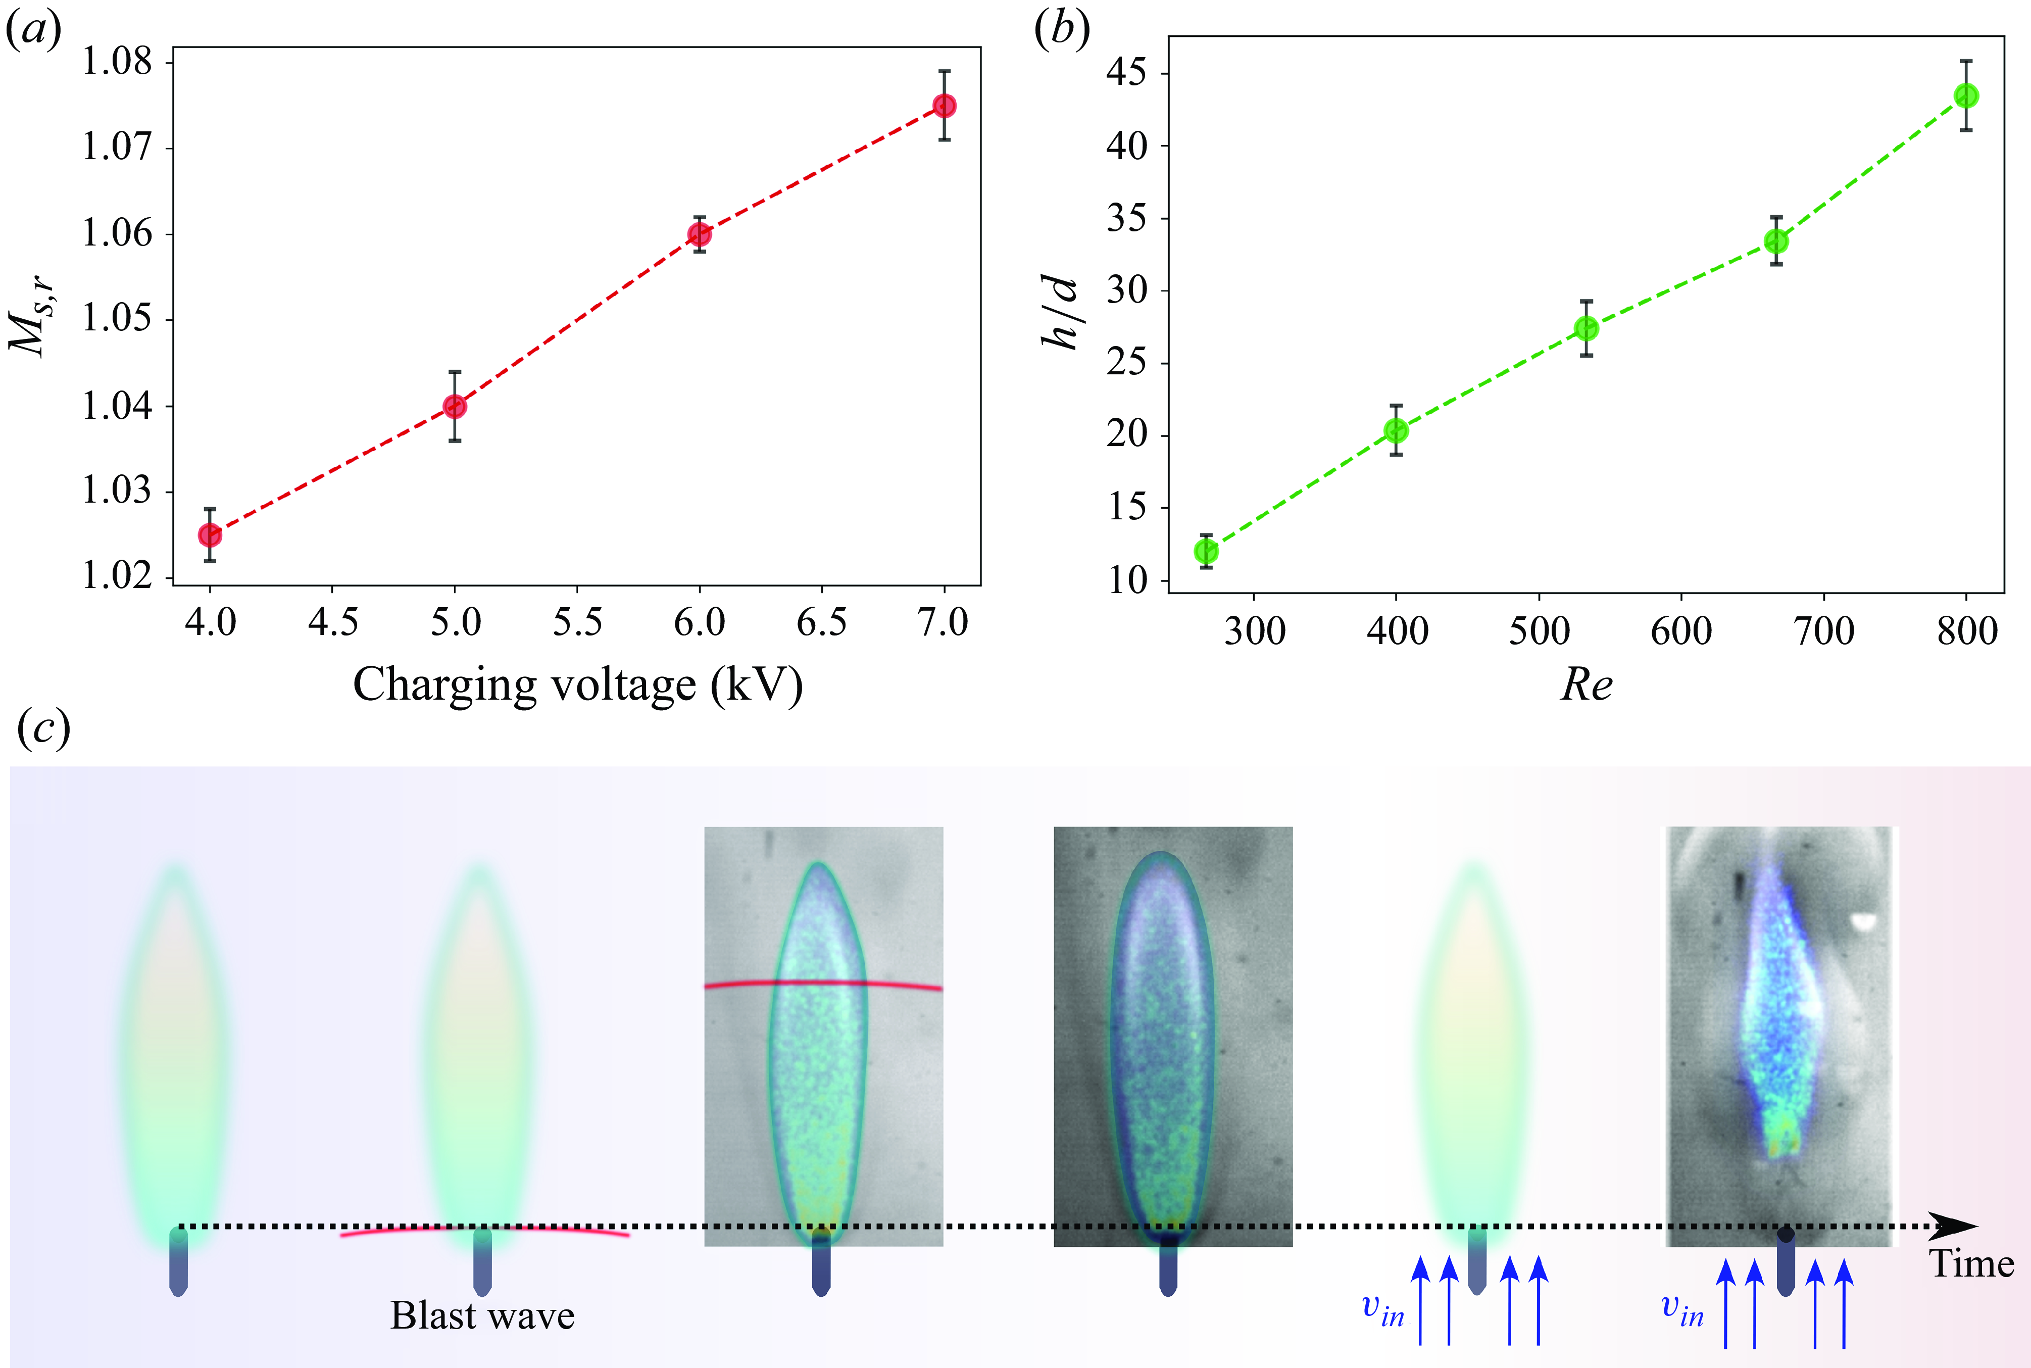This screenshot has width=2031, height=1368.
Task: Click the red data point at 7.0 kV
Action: (944, 106)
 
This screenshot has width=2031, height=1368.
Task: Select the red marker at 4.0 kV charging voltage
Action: (209, 534)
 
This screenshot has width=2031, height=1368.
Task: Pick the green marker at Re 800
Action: (1966, 96)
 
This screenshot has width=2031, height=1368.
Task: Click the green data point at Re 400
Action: (1396, 430)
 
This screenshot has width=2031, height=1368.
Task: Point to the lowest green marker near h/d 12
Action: (1206, 551)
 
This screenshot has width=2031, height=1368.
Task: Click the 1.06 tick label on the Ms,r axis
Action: (117, 234)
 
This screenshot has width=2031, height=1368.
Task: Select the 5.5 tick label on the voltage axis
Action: (577, 623)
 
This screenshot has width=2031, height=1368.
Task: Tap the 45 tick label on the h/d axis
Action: (1127, 73)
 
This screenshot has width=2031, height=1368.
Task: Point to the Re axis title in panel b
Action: (1586, 686)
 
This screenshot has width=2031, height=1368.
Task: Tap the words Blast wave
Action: (482, 1315)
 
